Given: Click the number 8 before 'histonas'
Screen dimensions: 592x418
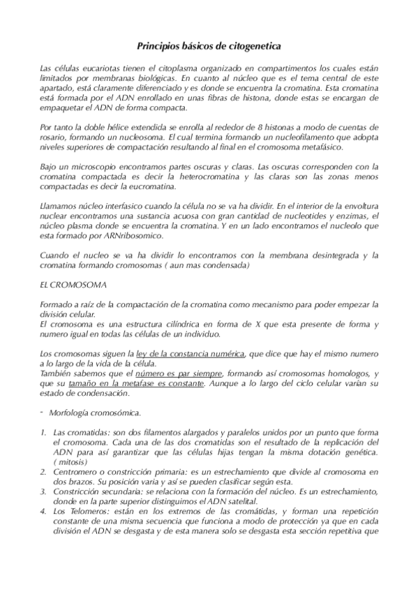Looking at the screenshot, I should click(260, 127).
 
